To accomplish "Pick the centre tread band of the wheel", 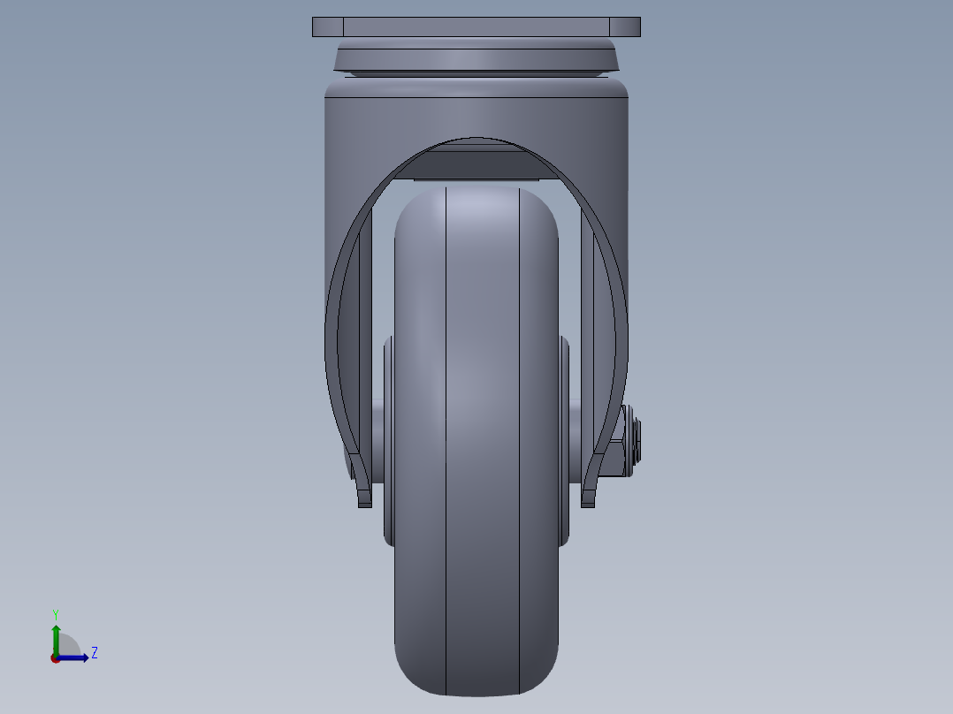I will coord(482,442).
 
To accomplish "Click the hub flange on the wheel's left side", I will coord(388,442).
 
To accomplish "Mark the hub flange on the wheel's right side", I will coord(565,442).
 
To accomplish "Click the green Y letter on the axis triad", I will coord(56,613).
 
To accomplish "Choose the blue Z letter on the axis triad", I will coord(94,653).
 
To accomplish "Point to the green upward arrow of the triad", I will coord(56,636).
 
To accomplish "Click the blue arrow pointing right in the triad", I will coord(75,657).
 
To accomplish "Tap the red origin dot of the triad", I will coord(55,658).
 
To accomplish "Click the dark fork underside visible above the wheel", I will coord(476,163).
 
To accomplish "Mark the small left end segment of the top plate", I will coord(327,27).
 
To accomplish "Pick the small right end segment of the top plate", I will coord(625,27).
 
